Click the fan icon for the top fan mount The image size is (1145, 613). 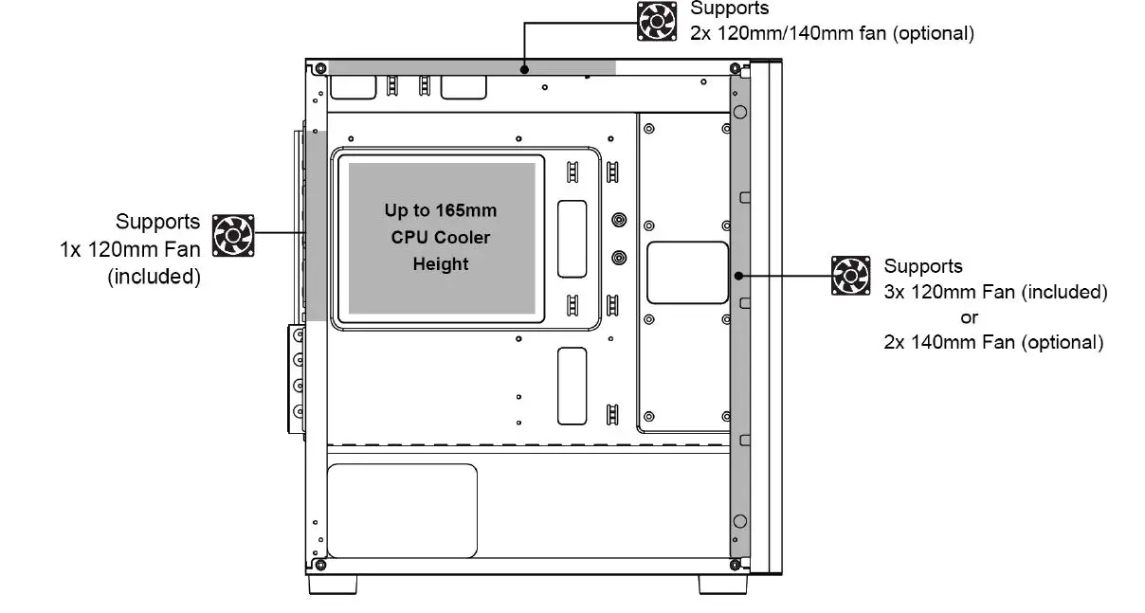click(656, 21)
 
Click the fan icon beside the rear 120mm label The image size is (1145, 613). click(232, 235)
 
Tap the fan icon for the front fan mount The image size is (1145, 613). click(850, 275)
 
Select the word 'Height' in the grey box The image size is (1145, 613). click(441, 264)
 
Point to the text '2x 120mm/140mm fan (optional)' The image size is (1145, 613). click(832, 33)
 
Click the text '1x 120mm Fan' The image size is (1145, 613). click(130, 251)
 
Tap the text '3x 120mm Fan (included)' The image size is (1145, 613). click(995, 292)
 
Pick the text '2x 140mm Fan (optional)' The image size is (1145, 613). click(993, 342)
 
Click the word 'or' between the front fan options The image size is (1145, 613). click(970, 317)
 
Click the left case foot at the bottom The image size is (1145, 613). click(334, 585)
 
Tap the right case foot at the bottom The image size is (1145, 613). click(723, 585)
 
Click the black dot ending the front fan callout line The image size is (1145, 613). click(737, 276)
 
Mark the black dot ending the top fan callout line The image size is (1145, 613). click(525, 68)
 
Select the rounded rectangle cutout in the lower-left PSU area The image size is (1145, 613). click(401, 511)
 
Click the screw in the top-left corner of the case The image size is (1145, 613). click(320, 68)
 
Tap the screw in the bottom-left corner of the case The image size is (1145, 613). click(320, 565)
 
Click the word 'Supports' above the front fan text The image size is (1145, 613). click(923, 266)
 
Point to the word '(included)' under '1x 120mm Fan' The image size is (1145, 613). click(154, 278)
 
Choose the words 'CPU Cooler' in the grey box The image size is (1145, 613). click(441, 237)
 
